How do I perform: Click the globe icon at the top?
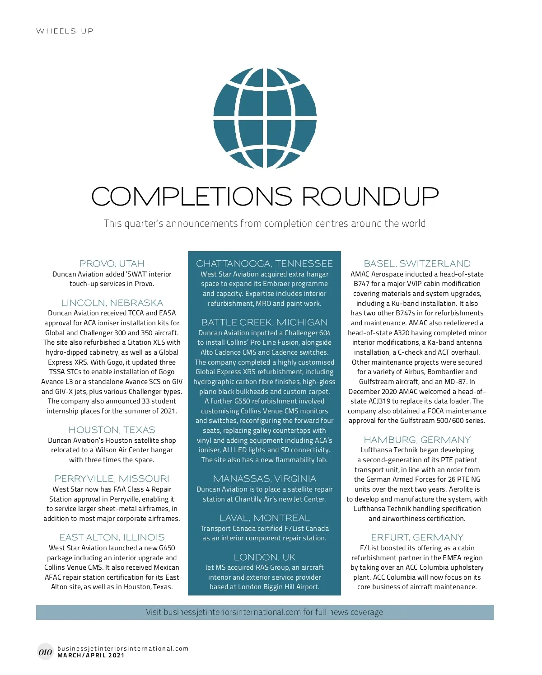point(265,118)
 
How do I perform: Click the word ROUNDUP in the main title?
point(370,197)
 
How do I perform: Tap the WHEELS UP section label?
point(65,31)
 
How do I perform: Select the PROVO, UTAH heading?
point(112,263)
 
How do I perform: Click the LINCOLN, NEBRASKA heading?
point(112,303)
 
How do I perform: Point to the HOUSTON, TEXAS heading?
point(112,430)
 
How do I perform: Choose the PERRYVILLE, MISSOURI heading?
point(112,478)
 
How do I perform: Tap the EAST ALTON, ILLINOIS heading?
point(112,537)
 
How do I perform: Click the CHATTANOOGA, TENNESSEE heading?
point(264,263)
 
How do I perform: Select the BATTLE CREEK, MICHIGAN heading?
point(264,322)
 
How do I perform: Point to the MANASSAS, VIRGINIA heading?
point(264,478)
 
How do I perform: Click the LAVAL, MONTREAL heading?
point(264,518)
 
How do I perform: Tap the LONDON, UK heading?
point(264,557)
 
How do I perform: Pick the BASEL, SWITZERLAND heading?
point(417,263)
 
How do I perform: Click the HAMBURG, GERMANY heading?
point(417,440)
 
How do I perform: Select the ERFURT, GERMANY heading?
point(417,537)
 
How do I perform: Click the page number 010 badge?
point(45,652)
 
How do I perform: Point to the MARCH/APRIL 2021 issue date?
point(91,655)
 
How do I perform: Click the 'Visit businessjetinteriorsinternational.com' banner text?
point(264,612)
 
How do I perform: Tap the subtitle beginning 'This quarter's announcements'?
point(265,223)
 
